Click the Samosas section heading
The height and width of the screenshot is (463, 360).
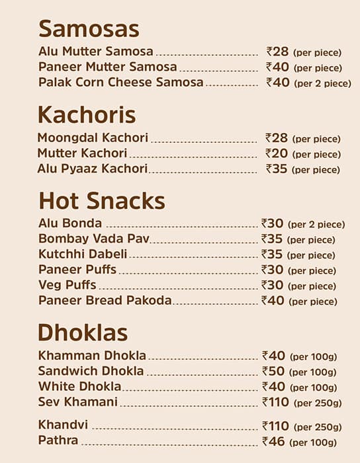pos(89,29)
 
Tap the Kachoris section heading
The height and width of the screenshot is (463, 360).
pos(87,115)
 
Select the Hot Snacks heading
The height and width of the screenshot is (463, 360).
pos(101,201)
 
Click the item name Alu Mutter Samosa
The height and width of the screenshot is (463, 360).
pos(95,52)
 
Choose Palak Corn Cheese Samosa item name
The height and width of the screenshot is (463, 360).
pos(120,83)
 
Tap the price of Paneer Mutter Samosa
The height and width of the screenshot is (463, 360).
pos(278,67)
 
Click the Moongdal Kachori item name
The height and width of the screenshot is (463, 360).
pos(93,138)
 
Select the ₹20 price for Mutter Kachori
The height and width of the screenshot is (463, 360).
pos(277,153)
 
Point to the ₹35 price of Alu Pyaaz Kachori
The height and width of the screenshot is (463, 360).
pos(277,169)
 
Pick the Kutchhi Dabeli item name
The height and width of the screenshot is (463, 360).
pos(83,254)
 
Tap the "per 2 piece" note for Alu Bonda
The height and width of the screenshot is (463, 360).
pos(316,225)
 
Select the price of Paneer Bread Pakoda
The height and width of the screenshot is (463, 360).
pos(273,300)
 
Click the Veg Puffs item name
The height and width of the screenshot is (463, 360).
pos(67,285)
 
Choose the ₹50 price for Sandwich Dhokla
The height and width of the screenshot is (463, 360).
pos(273,371)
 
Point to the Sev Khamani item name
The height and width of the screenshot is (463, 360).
pos(77,401)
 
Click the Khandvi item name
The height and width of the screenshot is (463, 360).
pos(63,425)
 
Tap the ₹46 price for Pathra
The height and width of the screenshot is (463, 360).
pos(273,441)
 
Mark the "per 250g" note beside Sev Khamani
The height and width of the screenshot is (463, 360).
pos(318,403)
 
